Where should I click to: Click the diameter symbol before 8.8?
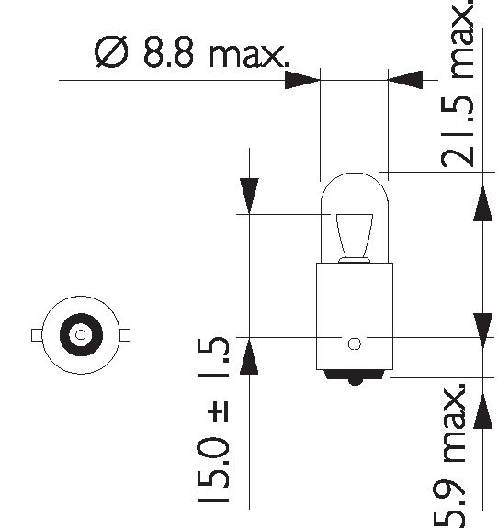point(111,51)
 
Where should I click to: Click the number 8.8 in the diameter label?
point(169,52)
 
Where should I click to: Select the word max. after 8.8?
point(249,56)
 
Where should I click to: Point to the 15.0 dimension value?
point(213,469)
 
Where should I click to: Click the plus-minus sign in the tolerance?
point(218,411)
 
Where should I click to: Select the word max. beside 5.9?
point(454,422)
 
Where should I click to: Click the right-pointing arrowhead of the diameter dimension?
point(302,80)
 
